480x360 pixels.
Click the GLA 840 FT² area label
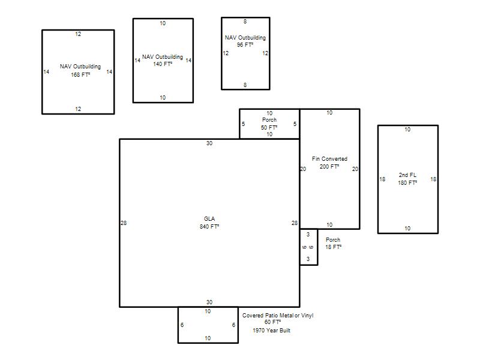pos(209,223)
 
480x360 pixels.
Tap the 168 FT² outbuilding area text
pos(80,74)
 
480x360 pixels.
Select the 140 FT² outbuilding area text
pos(163,64)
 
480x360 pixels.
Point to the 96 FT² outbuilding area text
pos(245,44)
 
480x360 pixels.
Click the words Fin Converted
pos(329,159)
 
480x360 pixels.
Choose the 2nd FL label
pos(407,175)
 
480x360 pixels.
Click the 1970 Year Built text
pos(272,331)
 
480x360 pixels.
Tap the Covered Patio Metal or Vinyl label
pos(278,316)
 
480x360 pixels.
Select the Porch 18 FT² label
pos(333,244)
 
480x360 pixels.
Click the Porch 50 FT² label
pos(269,124)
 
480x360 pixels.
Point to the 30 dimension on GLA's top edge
pos(209,143)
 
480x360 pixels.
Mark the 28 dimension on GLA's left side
pos(124,223)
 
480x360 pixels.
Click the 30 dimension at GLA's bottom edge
pos(209,302)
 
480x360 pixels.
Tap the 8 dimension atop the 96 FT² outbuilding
pos(245,22)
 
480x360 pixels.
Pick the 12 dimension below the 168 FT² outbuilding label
pos(78,109)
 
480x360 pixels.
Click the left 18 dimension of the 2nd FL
pos(382,179)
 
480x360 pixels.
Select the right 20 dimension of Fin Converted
pos(355,169)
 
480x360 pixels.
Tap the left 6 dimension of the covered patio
pos(182,325)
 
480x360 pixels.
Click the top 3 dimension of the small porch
pos(308,234)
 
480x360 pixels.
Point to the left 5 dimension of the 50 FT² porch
pos(244,124)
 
